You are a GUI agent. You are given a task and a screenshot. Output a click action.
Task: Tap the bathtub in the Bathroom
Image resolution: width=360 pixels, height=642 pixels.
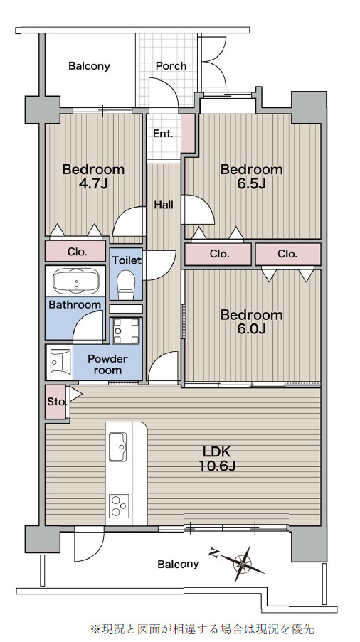pos(77,282)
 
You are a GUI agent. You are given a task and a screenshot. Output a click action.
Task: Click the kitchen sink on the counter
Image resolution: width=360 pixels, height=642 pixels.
pos(118,446)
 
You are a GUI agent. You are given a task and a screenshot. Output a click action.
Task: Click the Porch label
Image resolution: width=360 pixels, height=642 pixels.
pos(171,66)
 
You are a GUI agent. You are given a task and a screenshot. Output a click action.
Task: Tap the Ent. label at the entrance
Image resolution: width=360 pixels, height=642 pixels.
pos(163,134)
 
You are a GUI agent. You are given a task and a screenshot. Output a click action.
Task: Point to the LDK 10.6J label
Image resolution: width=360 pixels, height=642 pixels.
pos(218,459)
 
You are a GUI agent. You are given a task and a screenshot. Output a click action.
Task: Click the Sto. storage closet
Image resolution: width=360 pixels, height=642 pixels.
pos(55,402)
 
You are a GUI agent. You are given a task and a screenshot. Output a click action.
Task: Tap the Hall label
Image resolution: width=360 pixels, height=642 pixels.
pos(164,205)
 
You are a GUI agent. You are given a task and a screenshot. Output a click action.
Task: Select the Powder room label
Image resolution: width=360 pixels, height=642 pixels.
pos(107,365)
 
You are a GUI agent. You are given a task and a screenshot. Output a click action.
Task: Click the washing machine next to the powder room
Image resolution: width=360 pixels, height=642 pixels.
pos(126,331)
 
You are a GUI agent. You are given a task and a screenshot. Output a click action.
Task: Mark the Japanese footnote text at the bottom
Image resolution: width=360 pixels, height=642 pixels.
pos(202,628)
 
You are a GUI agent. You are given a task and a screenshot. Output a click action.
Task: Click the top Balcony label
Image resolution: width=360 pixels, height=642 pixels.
pos(89,66)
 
